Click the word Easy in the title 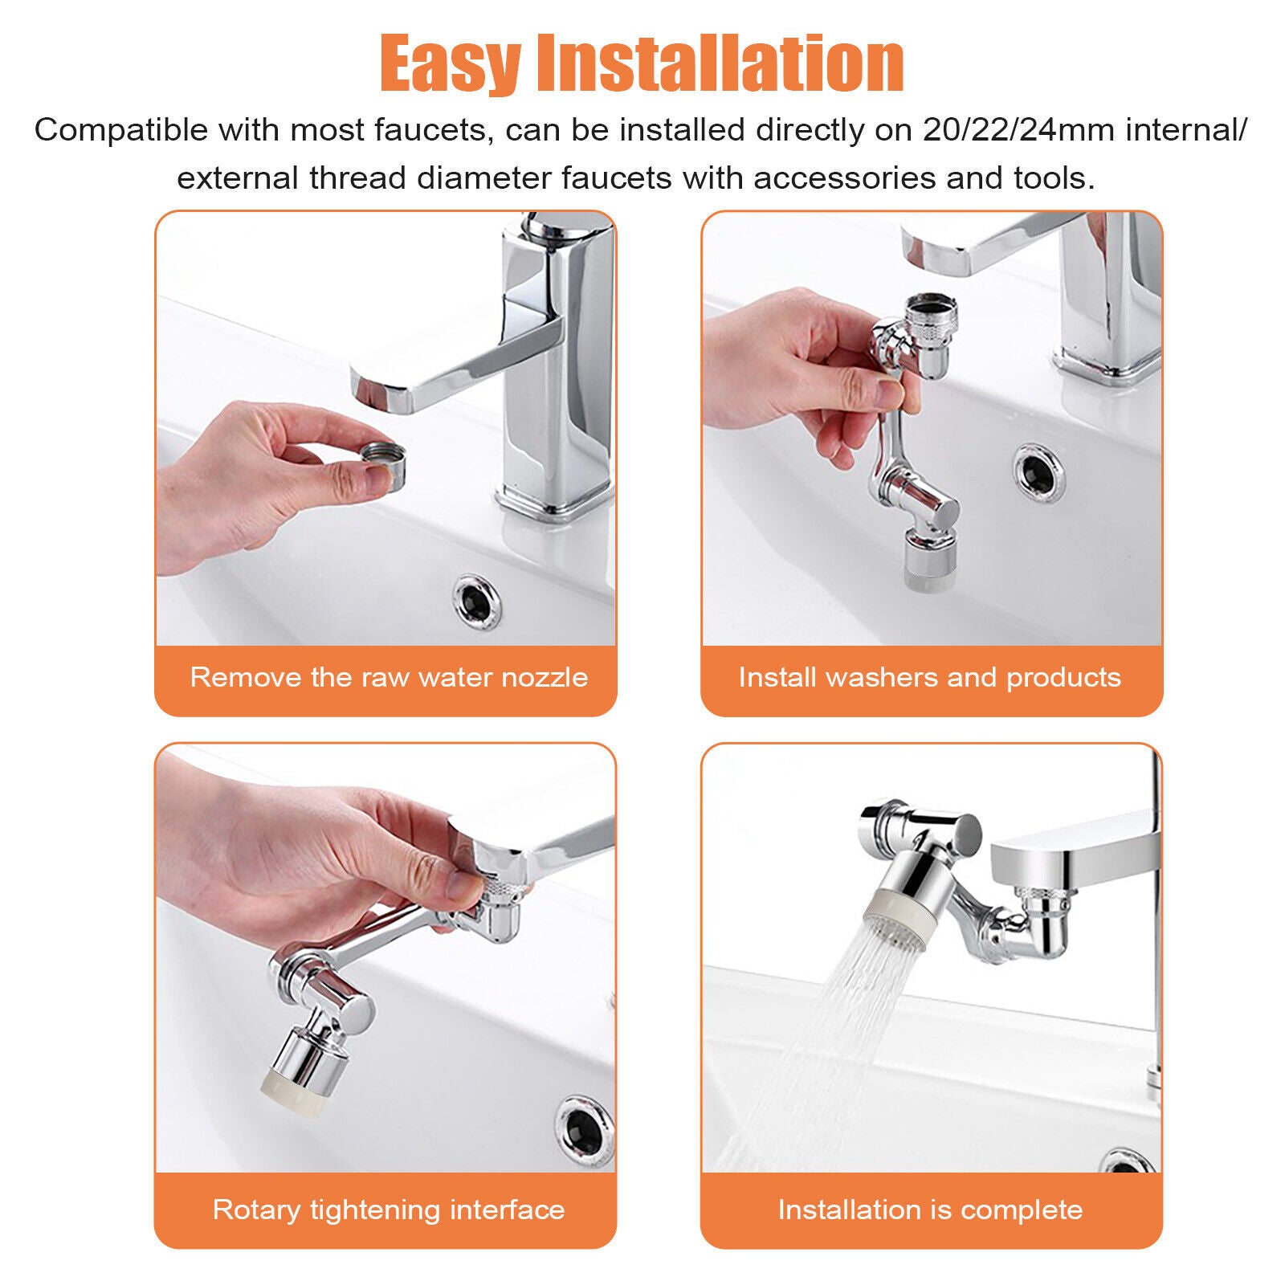coord(450,64)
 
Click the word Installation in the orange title coord(720,64)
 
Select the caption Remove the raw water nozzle coord(389,677)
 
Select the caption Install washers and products coord(929,677)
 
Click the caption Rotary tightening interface coord(389,1210)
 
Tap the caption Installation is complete coord(930,1210)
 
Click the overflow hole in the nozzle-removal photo coord(476,601)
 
